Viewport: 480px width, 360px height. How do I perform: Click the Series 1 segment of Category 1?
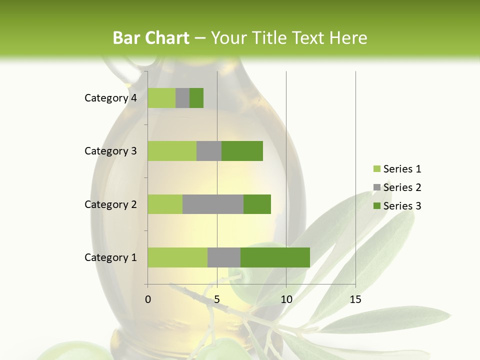click(177, 257)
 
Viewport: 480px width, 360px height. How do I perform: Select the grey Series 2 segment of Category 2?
click(213, 204)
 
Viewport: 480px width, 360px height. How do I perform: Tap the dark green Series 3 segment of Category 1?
click(275, 257)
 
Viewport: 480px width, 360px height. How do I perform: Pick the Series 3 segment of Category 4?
click(196, 98)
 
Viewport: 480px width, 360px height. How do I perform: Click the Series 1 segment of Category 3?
click(172, 151)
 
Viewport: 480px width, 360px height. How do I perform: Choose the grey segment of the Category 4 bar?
click(182, 98)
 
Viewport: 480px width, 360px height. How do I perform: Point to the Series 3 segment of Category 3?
click(242, 151)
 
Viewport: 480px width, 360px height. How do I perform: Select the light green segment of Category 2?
click(165, 204)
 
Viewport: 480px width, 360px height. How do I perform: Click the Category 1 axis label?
click(110, 257)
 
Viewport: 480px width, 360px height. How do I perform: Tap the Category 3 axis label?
click(110, 151)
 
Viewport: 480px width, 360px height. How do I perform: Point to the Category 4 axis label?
click(110, 98)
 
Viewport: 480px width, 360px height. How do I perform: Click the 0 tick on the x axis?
click(148, 299)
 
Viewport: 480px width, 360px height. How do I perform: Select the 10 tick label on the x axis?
click(286, 299)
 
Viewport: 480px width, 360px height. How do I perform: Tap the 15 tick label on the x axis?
click(355, 299)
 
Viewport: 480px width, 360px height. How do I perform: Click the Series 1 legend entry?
click(401, 169)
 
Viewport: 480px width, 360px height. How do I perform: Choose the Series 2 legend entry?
click(401, 187)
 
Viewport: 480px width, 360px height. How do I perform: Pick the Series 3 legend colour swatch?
click(377, 206)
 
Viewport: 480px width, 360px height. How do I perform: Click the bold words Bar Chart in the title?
click(151, 37)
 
